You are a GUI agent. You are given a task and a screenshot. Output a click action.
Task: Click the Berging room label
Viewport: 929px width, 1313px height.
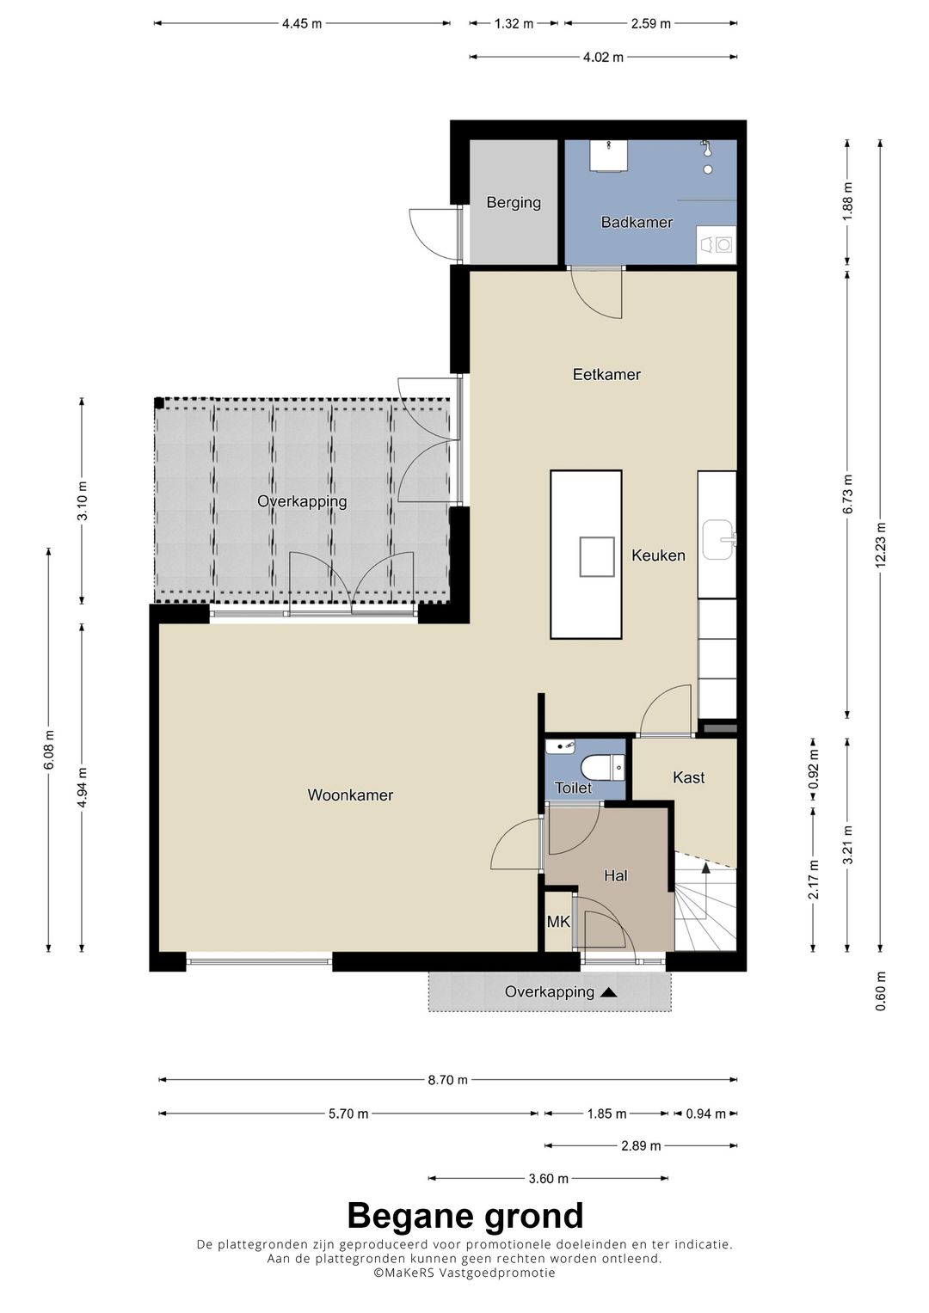point(514,203)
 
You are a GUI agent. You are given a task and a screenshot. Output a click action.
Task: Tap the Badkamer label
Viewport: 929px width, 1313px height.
point(637,222)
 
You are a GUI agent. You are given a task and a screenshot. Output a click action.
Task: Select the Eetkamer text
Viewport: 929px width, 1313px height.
point(606,375)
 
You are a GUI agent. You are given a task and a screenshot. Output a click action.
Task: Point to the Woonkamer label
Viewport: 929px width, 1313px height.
point(350,795)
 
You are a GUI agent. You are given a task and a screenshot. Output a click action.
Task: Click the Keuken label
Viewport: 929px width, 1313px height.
point(658,555)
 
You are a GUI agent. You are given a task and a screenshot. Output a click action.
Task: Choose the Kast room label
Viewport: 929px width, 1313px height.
point(688,777)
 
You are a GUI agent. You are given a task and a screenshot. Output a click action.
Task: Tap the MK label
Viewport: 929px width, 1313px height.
point(557,922)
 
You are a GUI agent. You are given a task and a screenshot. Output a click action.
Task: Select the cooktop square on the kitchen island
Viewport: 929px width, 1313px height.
point(597,557)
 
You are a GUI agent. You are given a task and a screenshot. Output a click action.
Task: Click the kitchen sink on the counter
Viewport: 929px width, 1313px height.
point(717,539)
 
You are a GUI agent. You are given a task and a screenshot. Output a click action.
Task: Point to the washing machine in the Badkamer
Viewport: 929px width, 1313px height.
point(716,246)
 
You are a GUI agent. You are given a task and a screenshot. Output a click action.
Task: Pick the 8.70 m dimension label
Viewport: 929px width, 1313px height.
point(448,1080)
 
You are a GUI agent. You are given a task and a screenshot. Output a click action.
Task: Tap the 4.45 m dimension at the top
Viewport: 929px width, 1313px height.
point(302,24)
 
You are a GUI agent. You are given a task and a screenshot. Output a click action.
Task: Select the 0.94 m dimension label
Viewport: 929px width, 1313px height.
point(705,1114)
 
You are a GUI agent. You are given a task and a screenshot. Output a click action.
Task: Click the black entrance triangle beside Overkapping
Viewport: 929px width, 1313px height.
point(609,992)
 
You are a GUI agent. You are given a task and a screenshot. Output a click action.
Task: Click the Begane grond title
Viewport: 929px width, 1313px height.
point(465,1216)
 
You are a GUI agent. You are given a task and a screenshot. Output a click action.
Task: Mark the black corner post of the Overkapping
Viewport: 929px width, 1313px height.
point(159,402)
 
